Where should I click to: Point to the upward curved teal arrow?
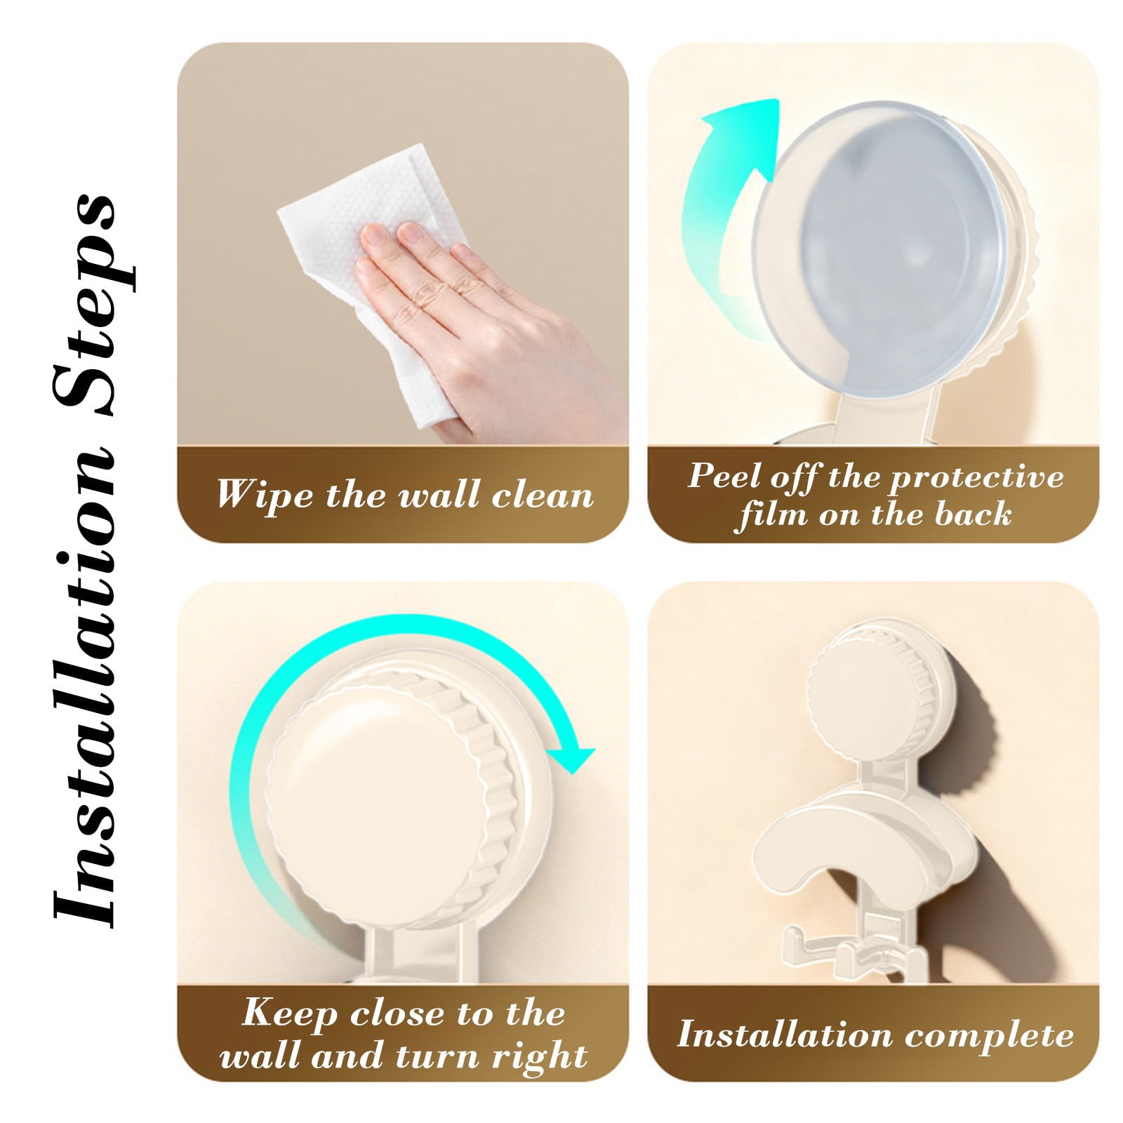pos(730,211)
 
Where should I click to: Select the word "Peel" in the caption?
pos(724,476)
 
